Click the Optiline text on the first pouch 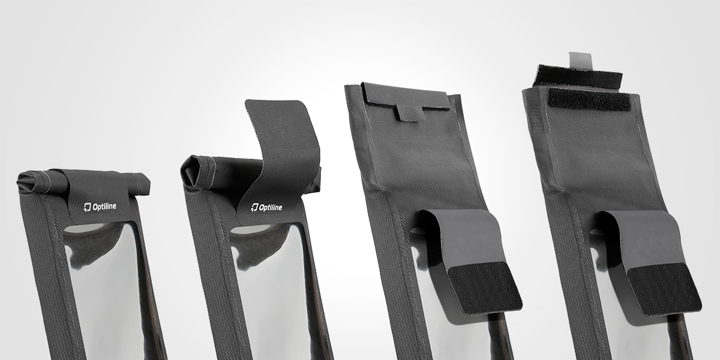pos(104,206)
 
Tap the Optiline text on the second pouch pos(271,208)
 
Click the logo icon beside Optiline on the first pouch pos(88,208)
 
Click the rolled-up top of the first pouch pos(83,183)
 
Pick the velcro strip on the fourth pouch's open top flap pos(578,78)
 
